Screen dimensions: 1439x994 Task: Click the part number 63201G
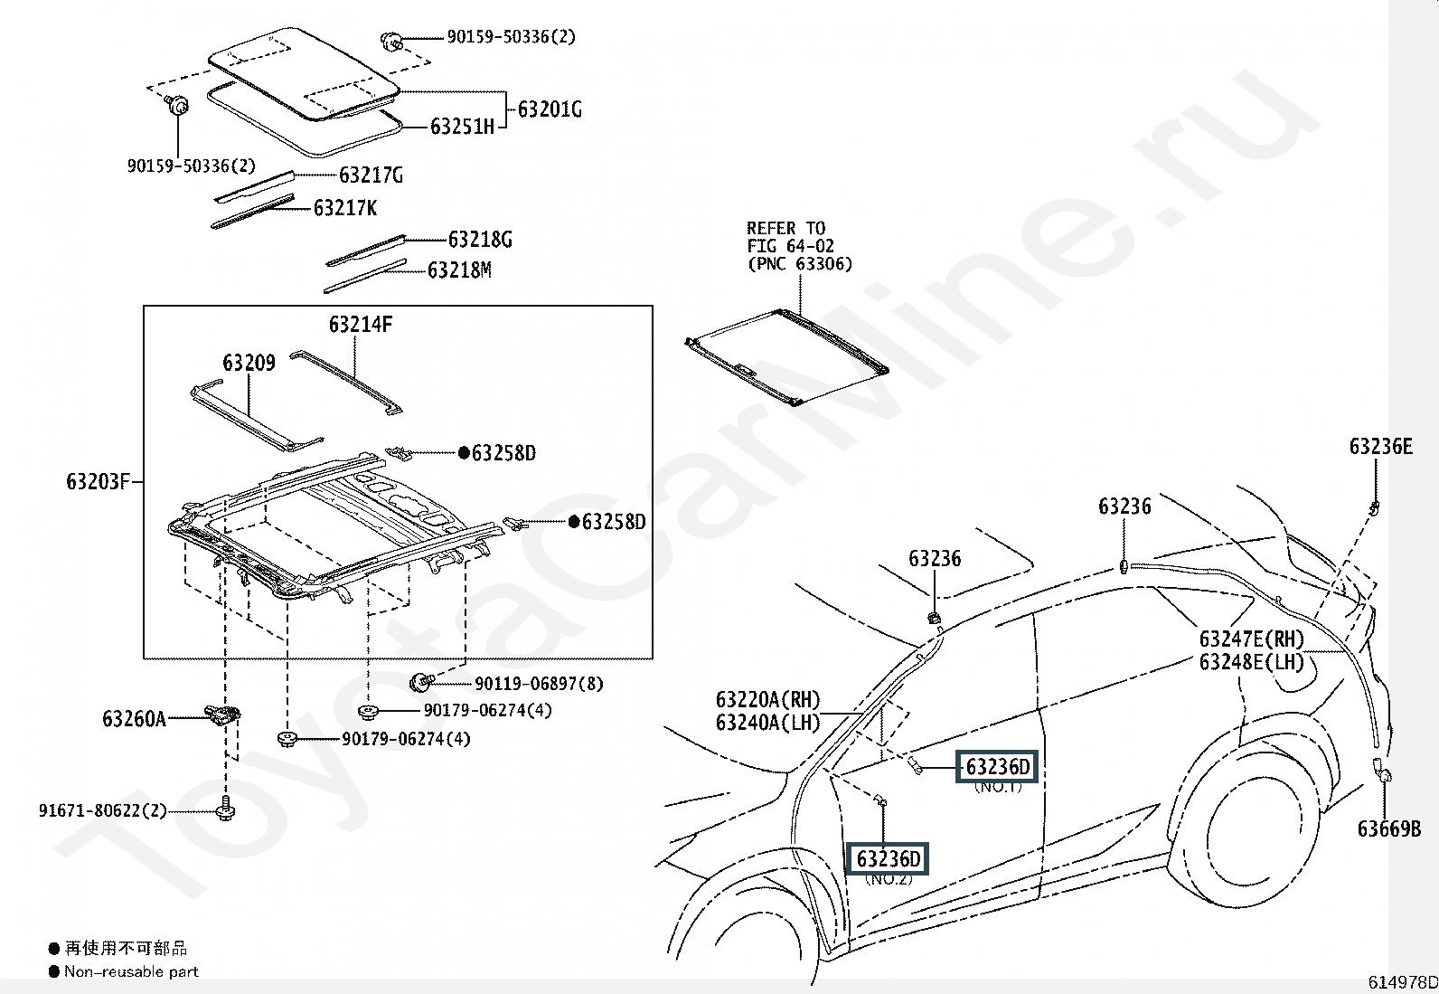tap(550, 109)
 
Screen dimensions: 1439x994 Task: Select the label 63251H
tap(463, 127)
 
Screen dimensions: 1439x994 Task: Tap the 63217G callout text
tap(372, 175)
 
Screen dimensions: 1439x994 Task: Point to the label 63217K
tap(345, 208)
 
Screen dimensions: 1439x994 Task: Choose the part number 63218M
tap(459, 270)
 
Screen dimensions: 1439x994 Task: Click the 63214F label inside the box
tap(361, 325)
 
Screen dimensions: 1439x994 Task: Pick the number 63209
tap(249, 363)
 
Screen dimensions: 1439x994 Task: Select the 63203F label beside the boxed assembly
tap(99, 481)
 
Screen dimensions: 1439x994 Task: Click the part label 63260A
tap(135, 718)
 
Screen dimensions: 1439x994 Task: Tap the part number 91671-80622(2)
tap(103, 810)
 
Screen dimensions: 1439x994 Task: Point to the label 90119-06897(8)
tap(540, 684)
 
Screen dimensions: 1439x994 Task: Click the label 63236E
tap(1381, 446)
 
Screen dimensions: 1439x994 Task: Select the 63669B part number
tap(1389, 829)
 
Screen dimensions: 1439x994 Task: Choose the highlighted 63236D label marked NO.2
tap(889, 859)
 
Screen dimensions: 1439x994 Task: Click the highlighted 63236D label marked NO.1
tap(998, 767)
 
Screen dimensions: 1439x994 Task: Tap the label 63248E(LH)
tap(1252, 661)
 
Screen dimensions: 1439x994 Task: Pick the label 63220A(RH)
tap(768, 699)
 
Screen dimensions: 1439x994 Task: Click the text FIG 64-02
tap(791, 246)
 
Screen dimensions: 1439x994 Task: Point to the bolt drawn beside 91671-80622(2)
tap(225, 809)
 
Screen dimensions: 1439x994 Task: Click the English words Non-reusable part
tap(132, 971)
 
